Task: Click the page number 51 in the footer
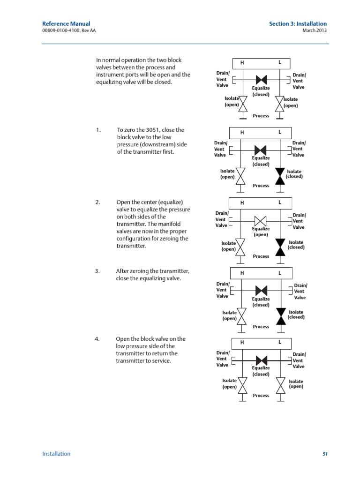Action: [x=324, y=454]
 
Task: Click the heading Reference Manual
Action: [x=66, y=24]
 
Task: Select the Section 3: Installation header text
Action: [x=298, y=24]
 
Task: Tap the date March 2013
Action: [x=315, y=30]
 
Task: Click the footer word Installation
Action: [x=56, y=454]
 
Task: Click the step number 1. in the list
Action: [x=98, y=130]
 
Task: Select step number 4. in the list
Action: [x=98, y=339]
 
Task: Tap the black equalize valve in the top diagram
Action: [x=261, y=80]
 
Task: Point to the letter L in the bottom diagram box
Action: [x=280, y=342]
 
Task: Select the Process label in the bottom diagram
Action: [x=261, y=396]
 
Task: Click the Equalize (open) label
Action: [x=261, y=232]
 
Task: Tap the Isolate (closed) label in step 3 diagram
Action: [x=296, y=315]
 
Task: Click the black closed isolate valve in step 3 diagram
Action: [x=281, y=316]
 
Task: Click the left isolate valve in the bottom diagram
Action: [x=242, y=385]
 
